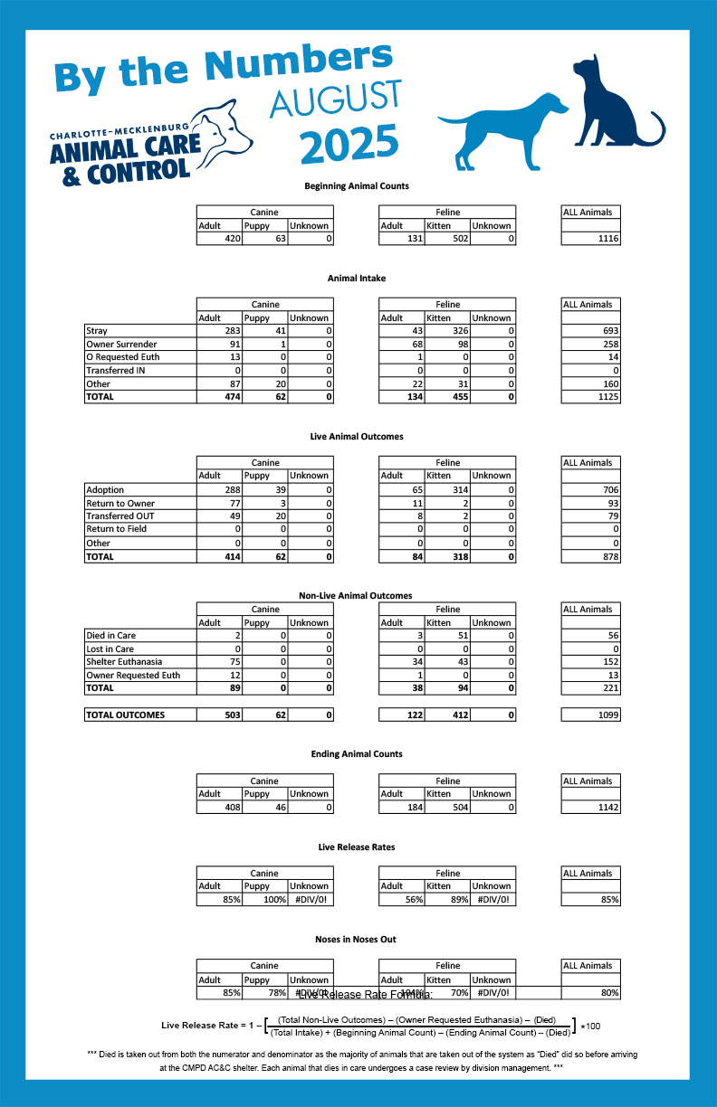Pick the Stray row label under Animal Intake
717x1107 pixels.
tap(97, 331)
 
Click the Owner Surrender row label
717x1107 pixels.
tap(121, 345)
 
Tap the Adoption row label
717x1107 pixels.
tap(105, 489)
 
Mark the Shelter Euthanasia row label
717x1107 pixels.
tap(125, 662)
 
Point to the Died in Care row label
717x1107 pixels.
tap(111, 636)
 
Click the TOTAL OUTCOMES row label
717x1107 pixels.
tap(126, 715)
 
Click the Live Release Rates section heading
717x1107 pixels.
tap(357, 847)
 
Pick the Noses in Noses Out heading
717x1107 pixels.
tap(357, 940)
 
